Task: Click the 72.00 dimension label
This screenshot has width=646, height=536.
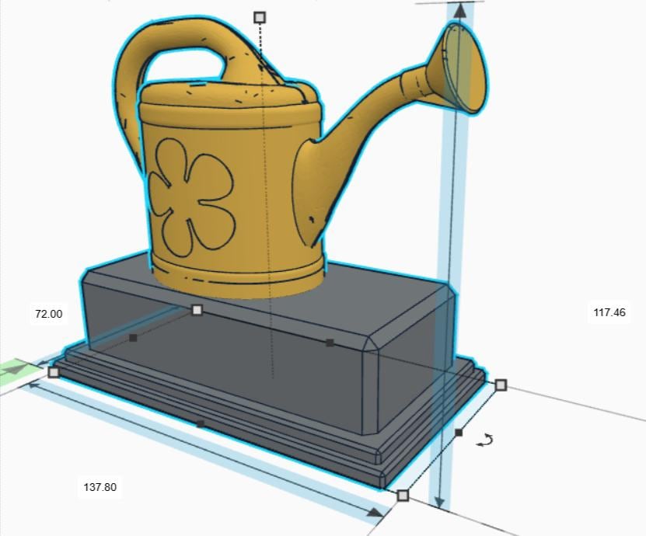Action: [49, 314]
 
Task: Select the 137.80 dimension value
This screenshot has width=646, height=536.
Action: [100, 487]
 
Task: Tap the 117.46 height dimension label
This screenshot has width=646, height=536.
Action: [609, 312]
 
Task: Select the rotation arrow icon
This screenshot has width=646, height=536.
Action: [484, 440]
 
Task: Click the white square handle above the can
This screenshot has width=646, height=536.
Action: [260, 17]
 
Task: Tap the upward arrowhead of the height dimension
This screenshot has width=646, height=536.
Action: [459, 10]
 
